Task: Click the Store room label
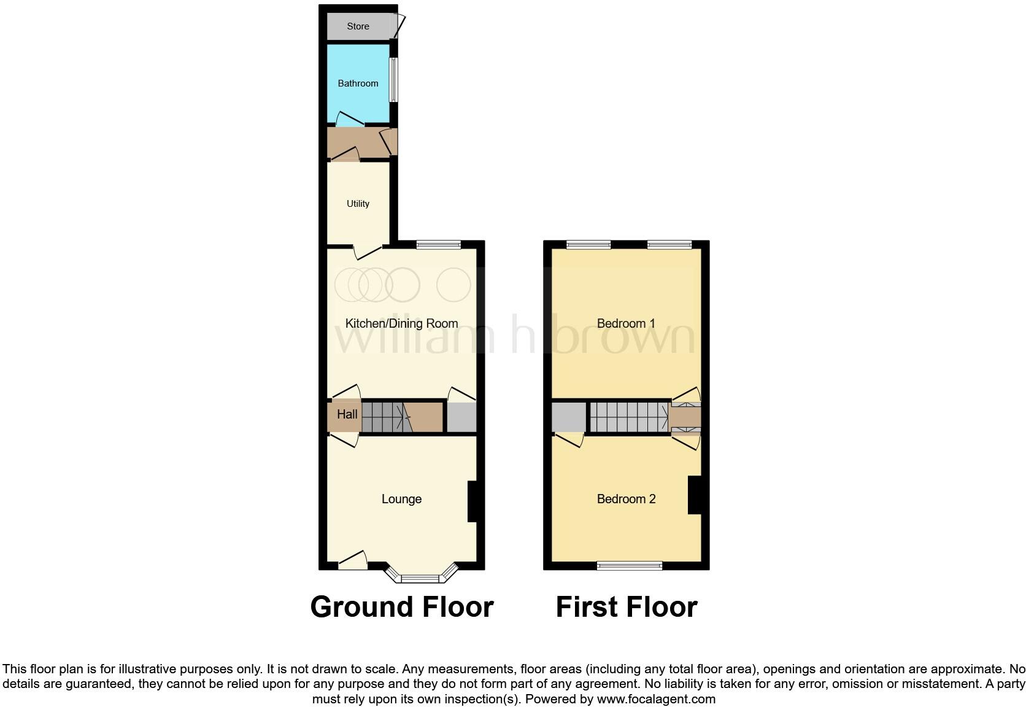coord(358,26)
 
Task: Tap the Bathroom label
coord(358,83)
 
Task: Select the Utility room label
coord(358,204)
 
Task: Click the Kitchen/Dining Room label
coord(401,323)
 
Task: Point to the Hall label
coord(347,414)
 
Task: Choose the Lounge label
coord(401,499)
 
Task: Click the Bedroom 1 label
coord(626,323)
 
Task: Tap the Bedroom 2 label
coord(626,499)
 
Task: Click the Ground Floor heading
coord(402,607)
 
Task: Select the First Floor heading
coord(627,607)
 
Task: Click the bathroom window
coord(393,80)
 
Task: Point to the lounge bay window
coord(421,578)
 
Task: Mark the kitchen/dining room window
coord(438,245)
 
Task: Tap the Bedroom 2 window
coord(630,565)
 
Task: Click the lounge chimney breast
coord(472,501)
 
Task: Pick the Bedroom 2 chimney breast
coord(695,495)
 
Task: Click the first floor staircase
coord(628,417)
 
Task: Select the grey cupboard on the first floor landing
coord(568,417)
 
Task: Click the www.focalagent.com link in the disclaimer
coord(656,699)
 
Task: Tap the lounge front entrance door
coord(352,560)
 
